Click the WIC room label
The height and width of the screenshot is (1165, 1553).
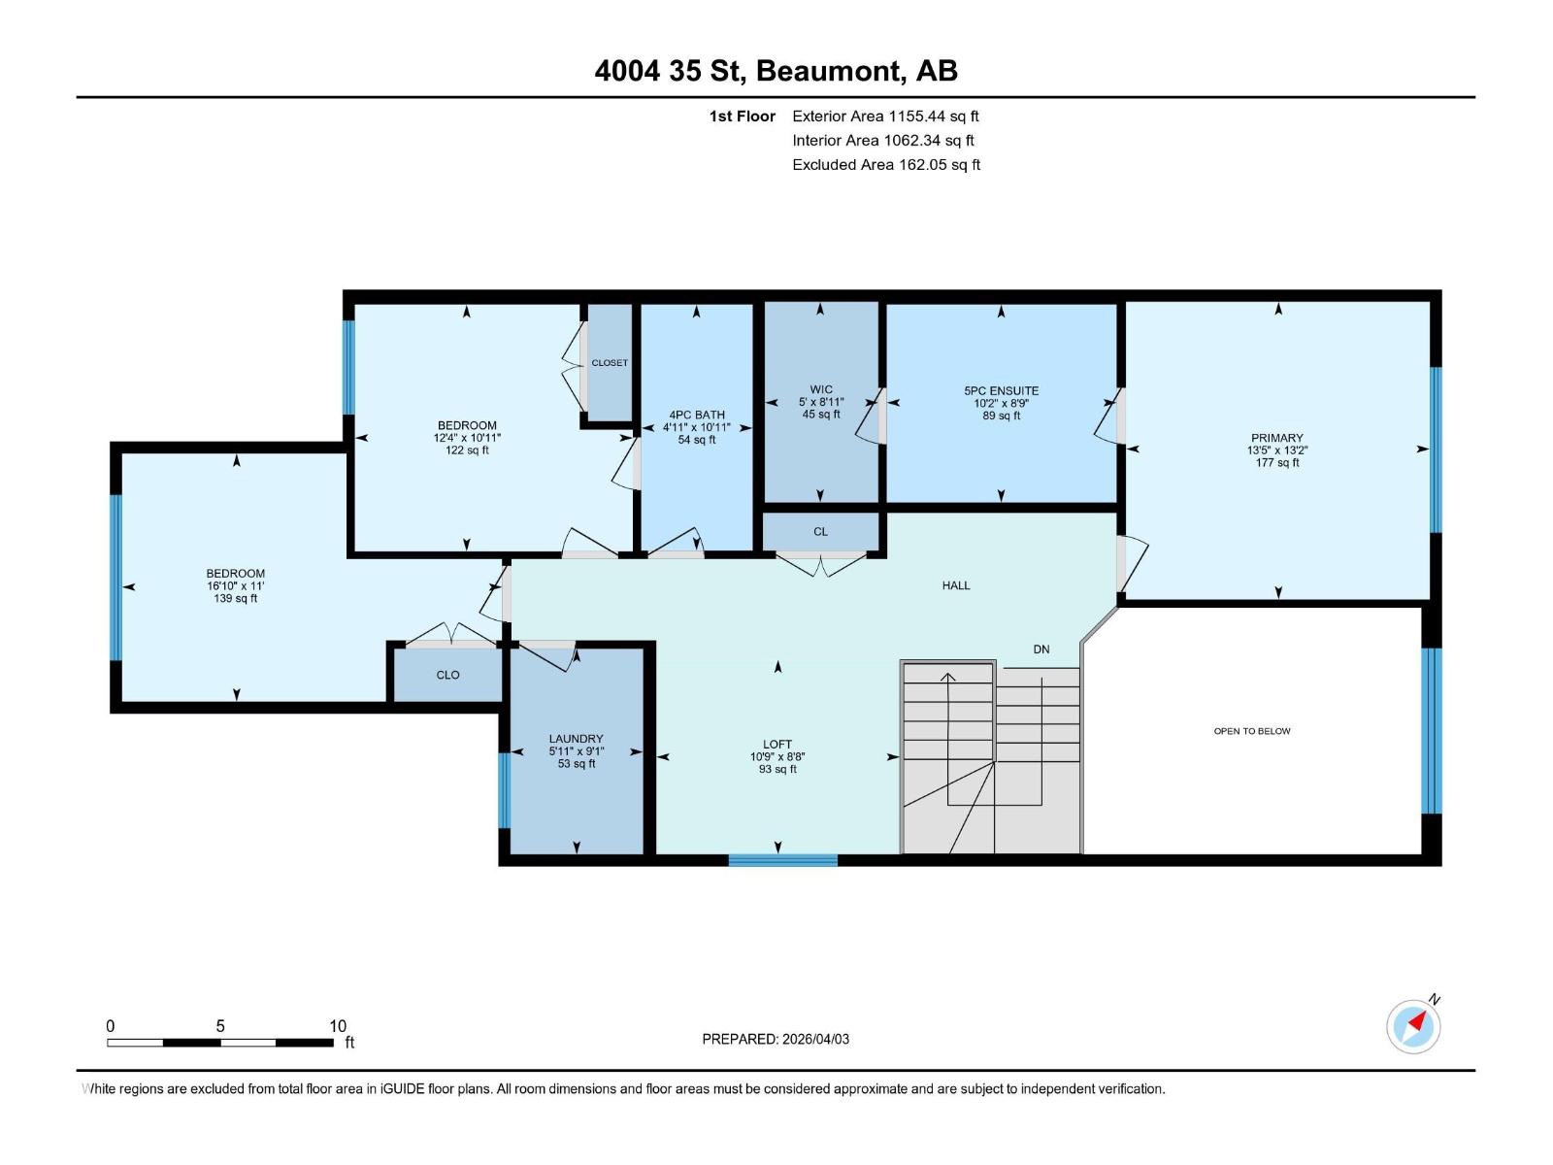tap(821, 389)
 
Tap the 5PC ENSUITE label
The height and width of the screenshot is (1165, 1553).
tap(1001, 390)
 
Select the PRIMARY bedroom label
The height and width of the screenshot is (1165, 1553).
tap(1277, 438)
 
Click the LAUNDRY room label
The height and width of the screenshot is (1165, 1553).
tap(576, 739)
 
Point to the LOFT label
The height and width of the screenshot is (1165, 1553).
tap(776, 744)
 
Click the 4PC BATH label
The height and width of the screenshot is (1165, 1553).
tap(697, 416)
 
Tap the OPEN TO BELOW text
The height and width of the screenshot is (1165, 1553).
tap(1251, 731)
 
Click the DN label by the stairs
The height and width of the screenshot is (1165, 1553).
tap(1041, 649)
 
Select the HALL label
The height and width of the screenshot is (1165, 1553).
tap(956, 585)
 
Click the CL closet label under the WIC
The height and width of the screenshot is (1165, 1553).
tap(821, 532)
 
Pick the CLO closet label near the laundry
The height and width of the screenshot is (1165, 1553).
tap(447, 676)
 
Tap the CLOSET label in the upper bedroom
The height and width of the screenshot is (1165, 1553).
tap(610, 363)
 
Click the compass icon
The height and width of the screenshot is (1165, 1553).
tap(1413, 1026)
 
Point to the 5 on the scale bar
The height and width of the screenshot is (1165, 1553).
tap(220, 1025)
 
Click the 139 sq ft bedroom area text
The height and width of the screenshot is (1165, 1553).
tap(236, 598)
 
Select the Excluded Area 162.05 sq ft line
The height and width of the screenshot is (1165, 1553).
tap(886, 165)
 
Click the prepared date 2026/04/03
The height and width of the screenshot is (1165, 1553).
tap(815, 1039)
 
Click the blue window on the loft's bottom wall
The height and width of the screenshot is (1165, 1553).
tap(783, 860)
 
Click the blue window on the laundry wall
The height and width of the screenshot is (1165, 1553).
tap(505, 790)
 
